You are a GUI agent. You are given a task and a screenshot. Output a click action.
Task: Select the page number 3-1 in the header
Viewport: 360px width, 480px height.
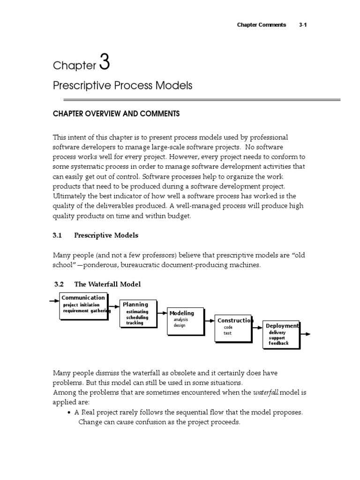pos(302,25)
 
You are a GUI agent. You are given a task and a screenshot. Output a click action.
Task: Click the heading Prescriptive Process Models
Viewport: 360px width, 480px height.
pos(122,86)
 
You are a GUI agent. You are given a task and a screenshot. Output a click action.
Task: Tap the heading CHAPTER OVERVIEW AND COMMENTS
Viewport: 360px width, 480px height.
pos(116,114)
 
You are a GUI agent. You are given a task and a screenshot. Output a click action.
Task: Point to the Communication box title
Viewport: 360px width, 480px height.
pos(83,298)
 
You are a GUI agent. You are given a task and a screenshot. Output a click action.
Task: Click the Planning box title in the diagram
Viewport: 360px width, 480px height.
pos(135,305)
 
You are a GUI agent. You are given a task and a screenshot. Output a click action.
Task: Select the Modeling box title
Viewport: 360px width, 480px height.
pos(181,313)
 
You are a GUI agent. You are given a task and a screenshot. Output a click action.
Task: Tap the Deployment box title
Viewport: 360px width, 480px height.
pos(282,326)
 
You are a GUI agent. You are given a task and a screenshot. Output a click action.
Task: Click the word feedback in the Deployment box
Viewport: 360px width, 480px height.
pos(278,343)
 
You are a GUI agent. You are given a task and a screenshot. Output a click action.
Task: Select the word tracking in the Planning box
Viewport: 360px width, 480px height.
pos(135,323)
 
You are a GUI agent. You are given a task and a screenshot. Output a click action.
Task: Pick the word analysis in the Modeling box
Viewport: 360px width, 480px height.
pos(180,320)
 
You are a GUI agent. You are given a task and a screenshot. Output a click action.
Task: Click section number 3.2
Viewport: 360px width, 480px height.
pos(59,285)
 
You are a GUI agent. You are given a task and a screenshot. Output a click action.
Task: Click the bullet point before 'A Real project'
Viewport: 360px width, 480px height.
pos(69,413)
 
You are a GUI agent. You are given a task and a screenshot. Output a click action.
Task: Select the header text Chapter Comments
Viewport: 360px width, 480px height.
pos(262,25)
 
